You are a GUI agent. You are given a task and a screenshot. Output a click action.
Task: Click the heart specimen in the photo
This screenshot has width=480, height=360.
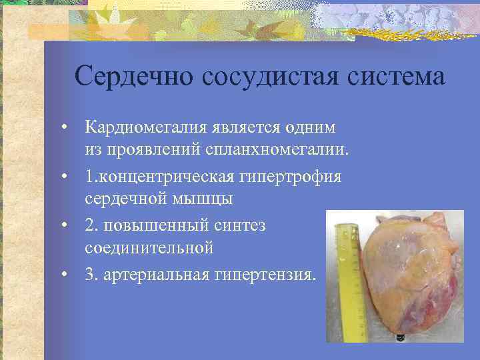(x=407, y=273)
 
